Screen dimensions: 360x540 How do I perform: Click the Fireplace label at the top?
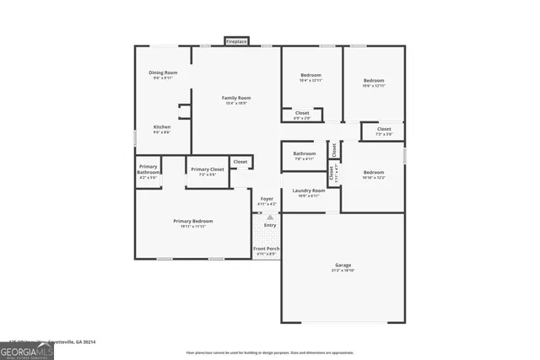click(236, 40)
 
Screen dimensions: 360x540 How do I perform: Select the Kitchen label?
click(161, 128)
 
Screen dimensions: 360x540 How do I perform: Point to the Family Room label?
click(236, 99)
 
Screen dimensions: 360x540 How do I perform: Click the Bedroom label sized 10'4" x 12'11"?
click(310, 77)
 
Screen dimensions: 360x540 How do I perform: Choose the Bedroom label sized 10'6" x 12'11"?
click(374, 82)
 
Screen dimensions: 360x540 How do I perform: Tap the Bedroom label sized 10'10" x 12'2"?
click(373, 173)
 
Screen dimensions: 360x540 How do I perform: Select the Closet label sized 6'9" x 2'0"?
click(301, 114)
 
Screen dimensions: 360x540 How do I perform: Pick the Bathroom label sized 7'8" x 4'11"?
click(304, 154)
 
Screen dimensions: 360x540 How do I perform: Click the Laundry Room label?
click(309, 192)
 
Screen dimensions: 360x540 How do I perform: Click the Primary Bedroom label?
click(193, 223)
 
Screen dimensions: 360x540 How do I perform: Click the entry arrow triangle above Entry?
click(270, 218)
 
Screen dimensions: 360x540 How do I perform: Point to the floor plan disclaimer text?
click(270, 352)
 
